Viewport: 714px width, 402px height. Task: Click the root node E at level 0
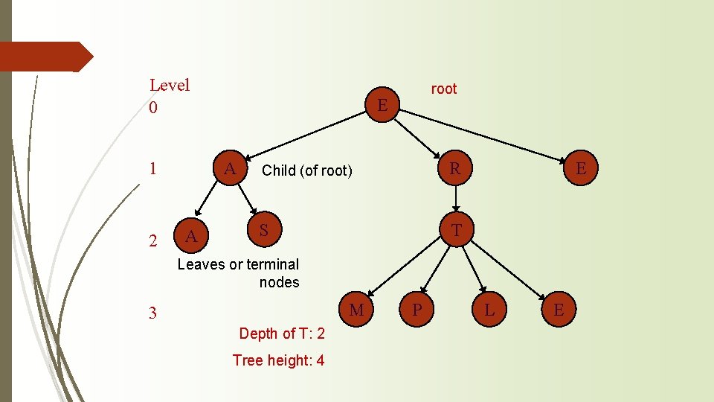coord(382,105)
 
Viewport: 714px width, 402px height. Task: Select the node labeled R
coord(455,169)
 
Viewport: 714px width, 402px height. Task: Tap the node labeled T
coord(457,232)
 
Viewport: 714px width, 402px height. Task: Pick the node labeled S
coord(263,231)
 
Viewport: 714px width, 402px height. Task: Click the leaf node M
coord(357,310)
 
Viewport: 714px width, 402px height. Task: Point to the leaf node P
coord(418,310)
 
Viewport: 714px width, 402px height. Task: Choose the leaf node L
coord(489,310)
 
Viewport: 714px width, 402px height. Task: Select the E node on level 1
coord(581,169)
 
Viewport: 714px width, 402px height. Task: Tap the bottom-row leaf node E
coord(559,310)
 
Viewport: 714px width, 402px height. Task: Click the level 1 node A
coord(231,170)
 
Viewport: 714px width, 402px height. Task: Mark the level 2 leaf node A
coord(191,237)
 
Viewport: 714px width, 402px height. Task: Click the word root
coord(444,89)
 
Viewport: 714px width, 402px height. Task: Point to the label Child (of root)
coord(306,170)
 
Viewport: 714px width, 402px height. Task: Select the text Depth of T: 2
coord(282,334)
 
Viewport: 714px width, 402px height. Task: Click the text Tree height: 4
coord(278,360)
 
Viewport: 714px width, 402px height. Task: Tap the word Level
coord(170,85)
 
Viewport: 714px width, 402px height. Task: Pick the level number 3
coord(152,313)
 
